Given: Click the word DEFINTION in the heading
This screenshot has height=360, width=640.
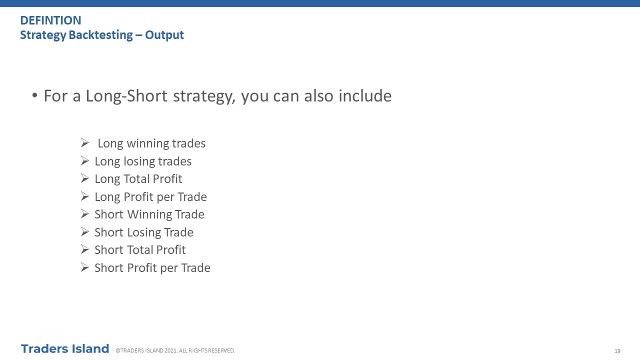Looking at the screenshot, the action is [50, 20].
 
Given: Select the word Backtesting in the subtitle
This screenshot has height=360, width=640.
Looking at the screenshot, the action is [100, 35].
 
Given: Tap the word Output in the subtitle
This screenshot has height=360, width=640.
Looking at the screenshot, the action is [164, 35].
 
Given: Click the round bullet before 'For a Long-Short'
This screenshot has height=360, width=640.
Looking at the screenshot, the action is [34, 95].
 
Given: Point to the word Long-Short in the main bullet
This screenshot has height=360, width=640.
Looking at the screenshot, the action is [126, 96].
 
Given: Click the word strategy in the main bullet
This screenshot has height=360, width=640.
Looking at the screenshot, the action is [204, 96].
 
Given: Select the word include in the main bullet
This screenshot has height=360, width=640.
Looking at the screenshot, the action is [365, 95].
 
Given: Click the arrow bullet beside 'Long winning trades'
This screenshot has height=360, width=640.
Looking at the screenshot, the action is [85, 142].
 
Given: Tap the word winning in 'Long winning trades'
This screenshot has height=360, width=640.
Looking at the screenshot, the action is [145, 143].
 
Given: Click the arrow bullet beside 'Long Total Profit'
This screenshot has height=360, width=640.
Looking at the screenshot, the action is [85, 178].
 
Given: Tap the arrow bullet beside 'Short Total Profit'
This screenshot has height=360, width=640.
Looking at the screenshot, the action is [85, 249].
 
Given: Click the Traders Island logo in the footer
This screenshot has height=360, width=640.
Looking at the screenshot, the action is [65, 349].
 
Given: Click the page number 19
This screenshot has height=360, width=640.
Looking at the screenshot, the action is [617, 351].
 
